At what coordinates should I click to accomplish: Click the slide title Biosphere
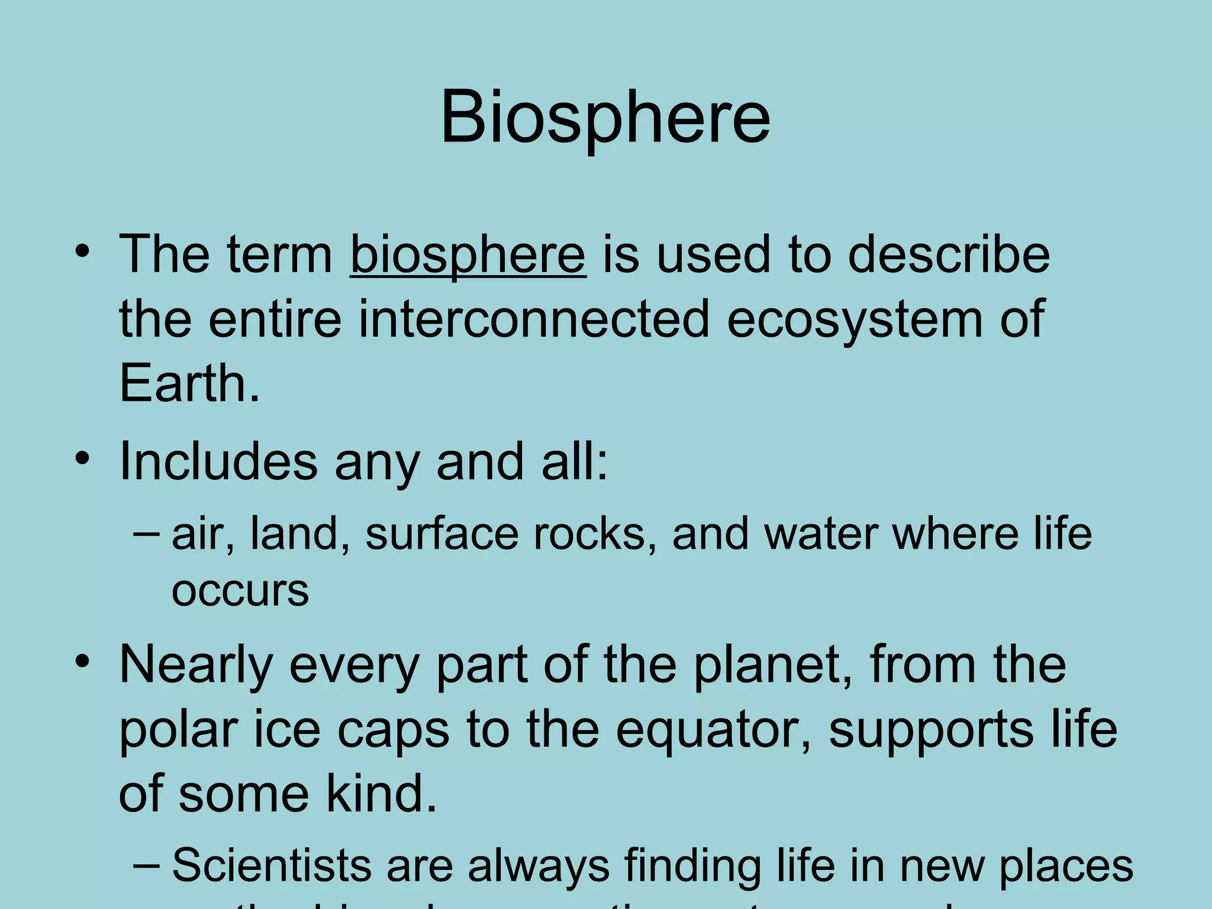[x=605, y=117]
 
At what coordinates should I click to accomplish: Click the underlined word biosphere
[x=468, y=254]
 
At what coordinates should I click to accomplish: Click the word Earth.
[x=188, y=383]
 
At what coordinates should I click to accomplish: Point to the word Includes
[x=218, y=462]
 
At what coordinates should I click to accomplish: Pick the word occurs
[x=240, y=591]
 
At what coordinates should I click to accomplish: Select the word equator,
[x=713, y=731]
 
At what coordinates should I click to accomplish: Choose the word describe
[x=948, y=254]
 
